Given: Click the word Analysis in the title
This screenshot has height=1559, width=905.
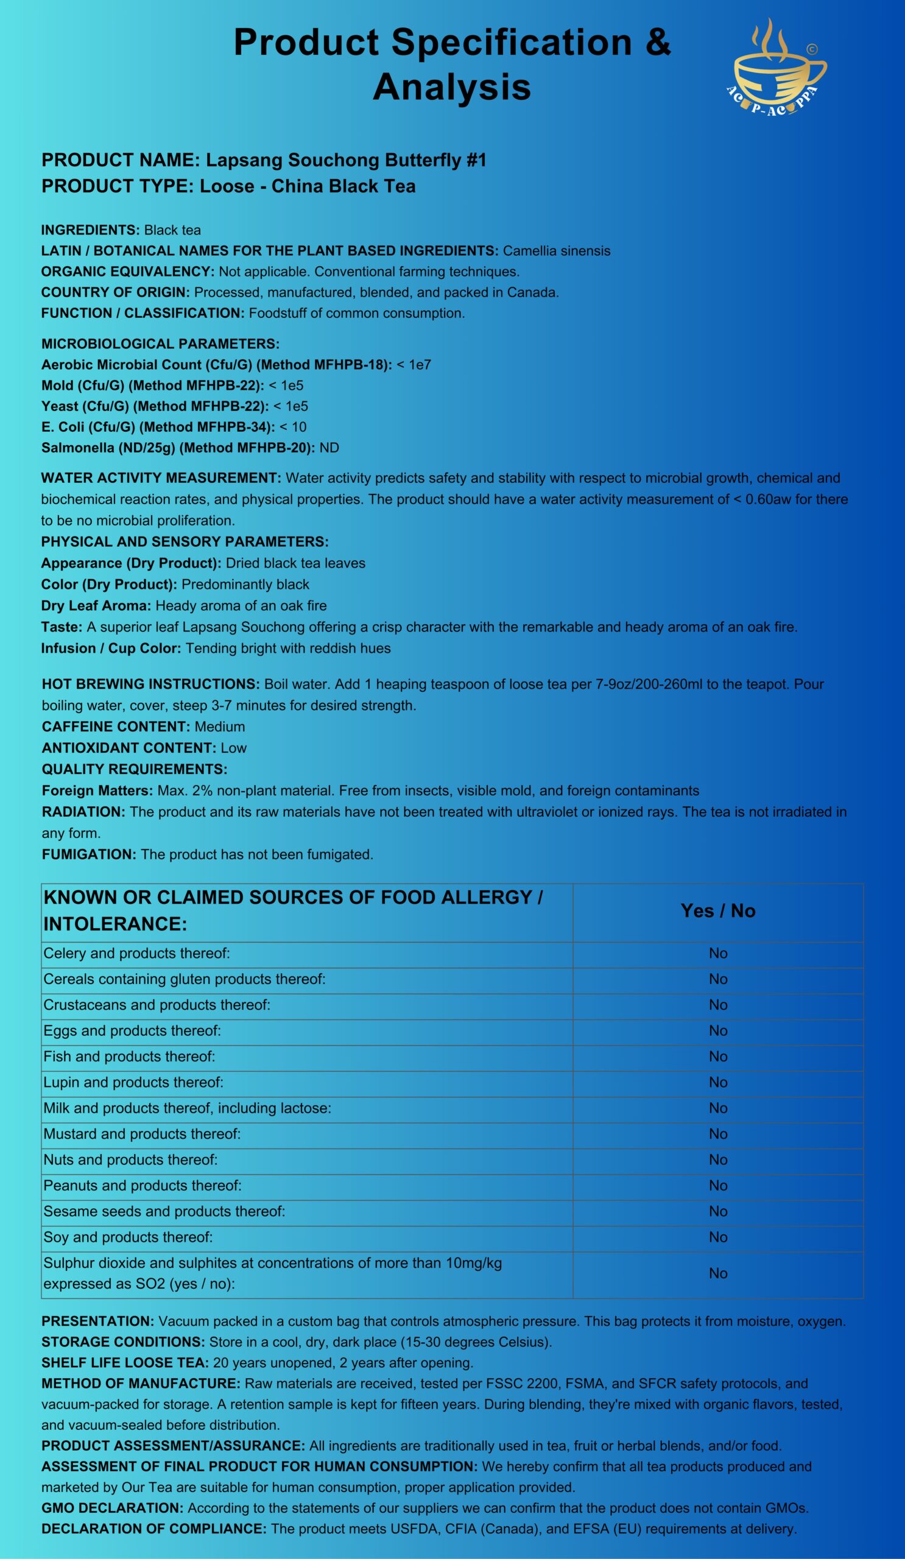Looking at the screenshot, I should pyautogui.click(x=451, y=86).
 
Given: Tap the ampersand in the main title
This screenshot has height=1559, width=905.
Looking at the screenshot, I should pyautogui.click(x=656, y=43).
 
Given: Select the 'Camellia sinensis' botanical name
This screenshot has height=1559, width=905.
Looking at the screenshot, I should pyautogui.click(x=556, y=250).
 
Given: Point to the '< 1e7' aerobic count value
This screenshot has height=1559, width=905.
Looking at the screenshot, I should pyautogui.click(x=414, y=364).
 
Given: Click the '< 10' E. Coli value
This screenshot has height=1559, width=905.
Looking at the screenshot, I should pyautogui.click(x=292, y=427).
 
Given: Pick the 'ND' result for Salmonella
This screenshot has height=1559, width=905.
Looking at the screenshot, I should pyautogui.click(x=329, y=447).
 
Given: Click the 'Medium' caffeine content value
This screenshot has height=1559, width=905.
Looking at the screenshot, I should pyautogui.click(x=219, y=727).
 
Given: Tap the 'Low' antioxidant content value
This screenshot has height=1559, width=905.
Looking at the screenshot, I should pyautogui.click(x=233, y=747).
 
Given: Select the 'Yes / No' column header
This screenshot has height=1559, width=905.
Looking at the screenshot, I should pyautogui.click(x=717, y=910).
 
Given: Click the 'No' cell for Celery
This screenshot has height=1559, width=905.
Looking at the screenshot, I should pyautogui.click(x=717, y=953).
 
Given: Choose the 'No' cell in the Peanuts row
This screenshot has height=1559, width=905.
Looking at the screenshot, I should pyautogui.click(x=717, y=1185).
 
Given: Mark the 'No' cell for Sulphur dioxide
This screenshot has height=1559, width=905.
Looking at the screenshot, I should pyautogui.click(x=717, y=1273).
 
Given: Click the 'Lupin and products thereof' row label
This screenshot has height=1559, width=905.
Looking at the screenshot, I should pyautogui.click(x=133, y=1082).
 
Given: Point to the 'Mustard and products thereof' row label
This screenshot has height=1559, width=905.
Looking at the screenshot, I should pyautogui.click(x=142, y=1133).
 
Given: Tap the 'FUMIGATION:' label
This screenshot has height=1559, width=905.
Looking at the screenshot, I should pyautogui.click(x=89, y=854).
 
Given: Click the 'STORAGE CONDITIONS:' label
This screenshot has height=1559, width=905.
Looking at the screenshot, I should pyautogui.click(x=122, y=1342).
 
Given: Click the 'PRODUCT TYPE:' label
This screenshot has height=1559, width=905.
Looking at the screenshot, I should pyautogui.click(x=118, y=186).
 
